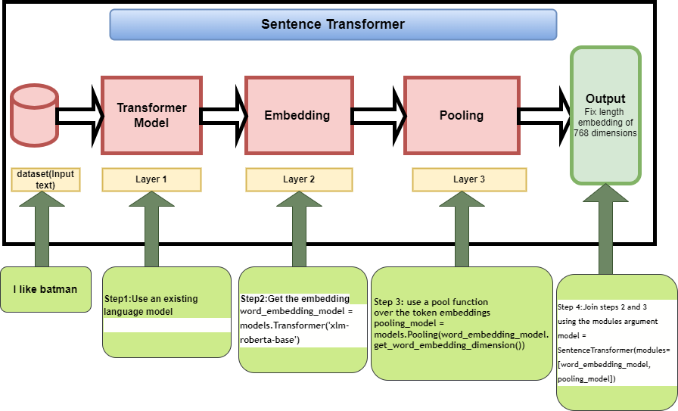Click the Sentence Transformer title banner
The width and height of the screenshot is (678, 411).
point(333,24)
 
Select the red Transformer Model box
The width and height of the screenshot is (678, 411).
point(151,115)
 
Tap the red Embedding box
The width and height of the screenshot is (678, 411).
point(297,115)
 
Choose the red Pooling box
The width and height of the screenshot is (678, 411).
point(461,115)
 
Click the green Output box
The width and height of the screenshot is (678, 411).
point(605,115)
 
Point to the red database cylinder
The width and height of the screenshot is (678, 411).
point(35,116)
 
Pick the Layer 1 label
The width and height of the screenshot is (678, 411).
point(151,179)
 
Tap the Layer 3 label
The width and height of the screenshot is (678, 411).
point(469,179)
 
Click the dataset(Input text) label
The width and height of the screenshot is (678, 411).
point(46,179)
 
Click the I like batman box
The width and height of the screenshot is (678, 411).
point(45,289)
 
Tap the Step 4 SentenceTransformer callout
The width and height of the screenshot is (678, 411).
point(617,341)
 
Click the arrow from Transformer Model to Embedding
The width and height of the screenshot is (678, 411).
point(224,115)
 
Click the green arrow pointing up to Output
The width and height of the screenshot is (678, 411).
point(605,227)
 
